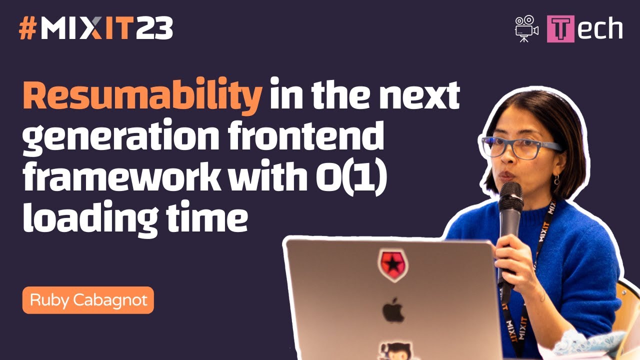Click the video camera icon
coord(526,29)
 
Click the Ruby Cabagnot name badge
coord(88,300)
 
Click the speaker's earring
coord(556,179)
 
